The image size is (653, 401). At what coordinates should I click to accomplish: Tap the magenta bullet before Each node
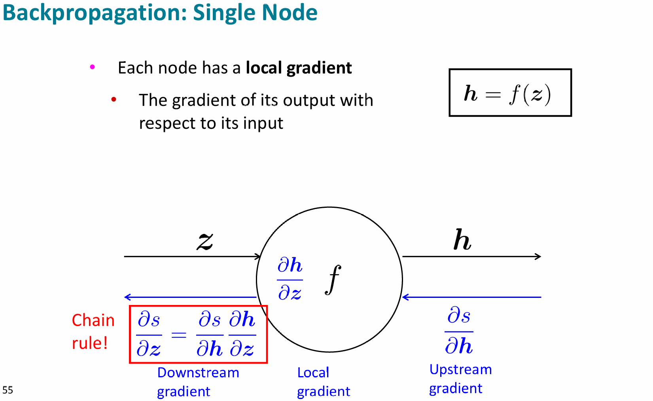pos(93,67)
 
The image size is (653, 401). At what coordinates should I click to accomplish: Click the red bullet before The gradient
pos(114,100)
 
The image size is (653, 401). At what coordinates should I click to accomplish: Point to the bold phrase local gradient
pos(299,68)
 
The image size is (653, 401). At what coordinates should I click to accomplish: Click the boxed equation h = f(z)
pos(510,93)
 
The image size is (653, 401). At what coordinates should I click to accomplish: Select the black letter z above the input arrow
pos(205,241)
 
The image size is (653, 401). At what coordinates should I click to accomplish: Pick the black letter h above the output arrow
pos(462,240)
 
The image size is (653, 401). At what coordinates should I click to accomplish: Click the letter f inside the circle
pos(333,279)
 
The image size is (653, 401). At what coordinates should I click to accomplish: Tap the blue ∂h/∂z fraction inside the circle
pos(290,279)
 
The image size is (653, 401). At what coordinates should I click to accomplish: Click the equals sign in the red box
pos(179,335)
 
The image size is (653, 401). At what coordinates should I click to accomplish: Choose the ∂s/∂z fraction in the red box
pos(149,335)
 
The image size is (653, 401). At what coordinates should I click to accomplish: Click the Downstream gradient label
pos(198,382)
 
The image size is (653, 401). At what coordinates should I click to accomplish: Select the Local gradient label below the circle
pos(323,382)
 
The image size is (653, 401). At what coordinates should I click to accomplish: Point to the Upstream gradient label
pos(460,379)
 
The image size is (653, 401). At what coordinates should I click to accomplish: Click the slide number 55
pos(8,390)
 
